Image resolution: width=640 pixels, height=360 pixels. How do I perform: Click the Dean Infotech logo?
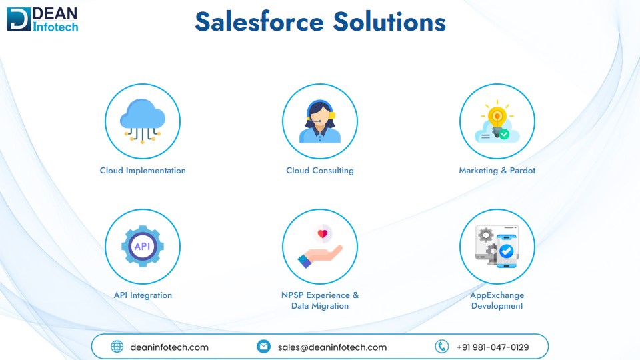pos(43,19)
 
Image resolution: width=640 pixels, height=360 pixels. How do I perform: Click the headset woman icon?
pos(320,121)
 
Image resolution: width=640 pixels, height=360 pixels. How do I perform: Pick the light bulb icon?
pos(497,119)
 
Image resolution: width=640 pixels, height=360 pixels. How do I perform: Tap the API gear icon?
pos(143,246)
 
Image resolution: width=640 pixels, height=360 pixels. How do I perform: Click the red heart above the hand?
pos(323,234)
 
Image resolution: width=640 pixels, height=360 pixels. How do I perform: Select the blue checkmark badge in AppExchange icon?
pos(507,251)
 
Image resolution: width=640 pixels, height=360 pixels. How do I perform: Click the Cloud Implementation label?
pos(143,171)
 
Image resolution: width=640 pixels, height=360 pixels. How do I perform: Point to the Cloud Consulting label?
pos(320,171)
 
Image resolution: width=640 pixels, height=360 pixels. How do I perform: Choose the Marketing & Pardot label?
pos(497,171)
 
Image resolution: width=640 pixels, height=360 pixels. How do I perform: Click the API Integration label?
pos(143,295)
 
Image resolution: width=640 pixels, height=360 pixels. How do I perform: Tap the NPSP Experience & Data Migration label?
pos(320,301)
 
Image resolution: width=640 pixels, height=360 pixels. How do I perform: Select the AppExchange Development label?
pos(497,301)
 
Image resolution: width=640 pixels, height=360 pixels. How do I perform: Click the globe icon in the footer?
pos(117,347)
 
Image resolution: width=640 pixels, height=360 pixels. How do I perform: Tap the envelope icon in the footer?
pos(264,347)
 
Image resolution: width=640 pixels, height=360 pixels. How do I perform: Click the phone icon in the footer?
pos(441,347)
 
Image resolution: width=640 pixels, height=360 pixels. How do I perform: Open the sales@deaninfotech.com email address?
pos(332,347)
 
